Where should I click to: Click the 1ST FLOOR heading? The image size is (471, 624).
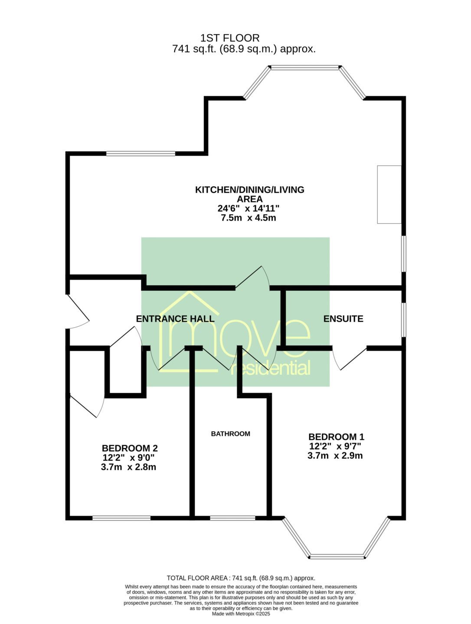[x=230, y=38]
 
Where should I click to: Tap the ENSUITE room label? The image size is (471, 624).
[x=343, y=318]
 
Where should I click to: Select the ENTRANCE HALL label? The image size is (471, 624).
[x=175, y=318]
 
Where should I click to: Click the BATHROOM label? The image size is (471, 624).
[x=231, y=433]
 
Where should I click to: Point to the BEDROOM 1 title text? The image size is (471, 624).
[x=337, y=436]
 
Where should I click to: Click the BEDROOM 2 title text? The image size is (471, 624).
[x=130, y=448]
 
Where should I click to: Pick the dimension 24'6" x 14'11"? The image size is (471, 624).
[x=249, y=208]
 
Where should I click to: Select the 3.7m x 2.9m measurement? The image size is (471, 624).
[x=335, y=456]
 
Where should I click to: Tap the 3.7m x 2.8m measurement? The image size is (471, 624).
[x=128, y=467]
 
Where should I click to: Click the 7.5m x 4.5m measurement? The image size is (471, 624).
[x=249, y=218]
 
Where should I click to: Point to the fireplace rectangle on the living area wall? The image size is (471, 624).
[x=389, y=195]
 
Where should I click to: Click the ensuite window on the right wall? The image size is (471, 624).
[x=404, y=320]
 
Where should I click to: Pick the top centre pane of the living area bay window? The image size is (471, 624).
[x=304, y=67]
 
